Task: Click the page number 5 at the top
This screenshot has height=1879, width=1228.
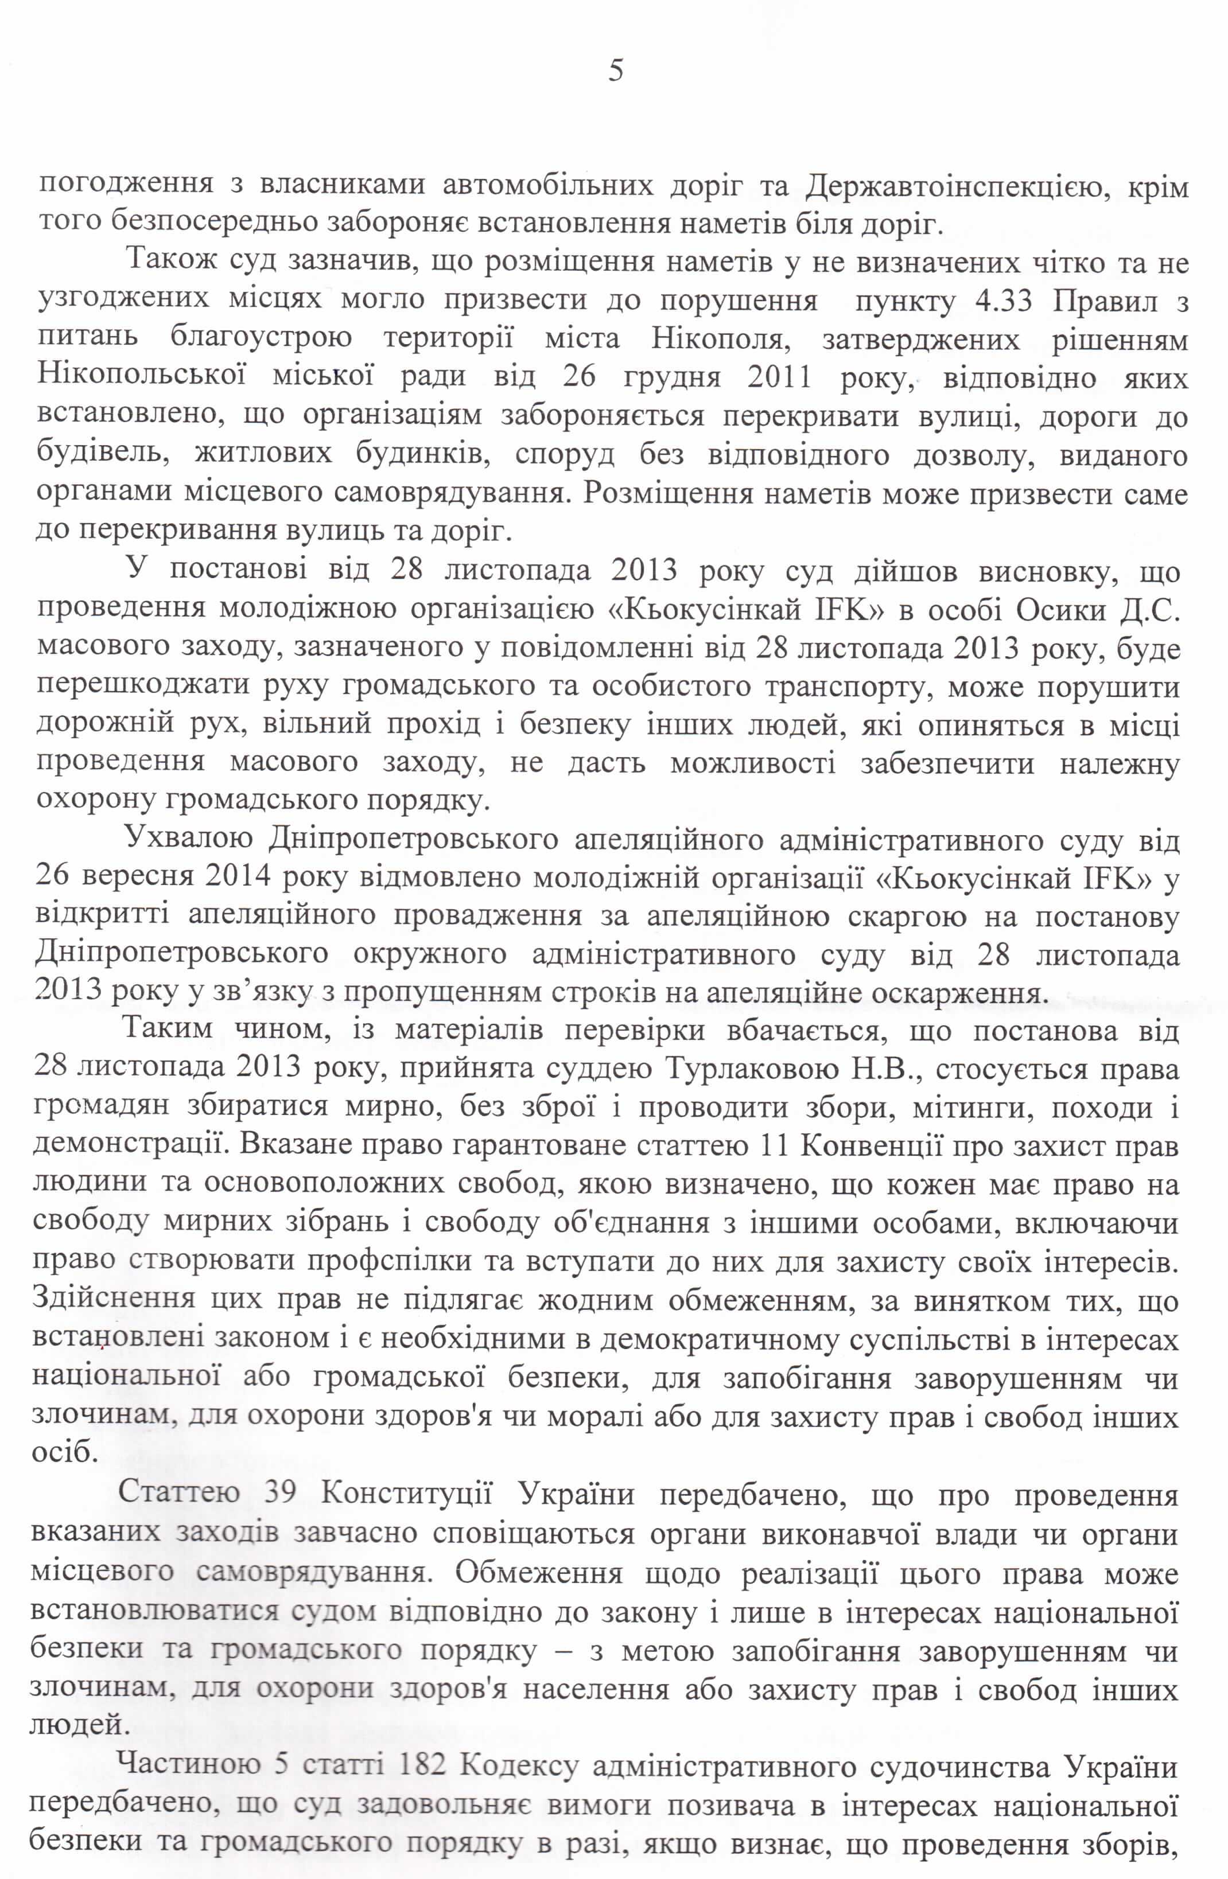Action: click(616, 71)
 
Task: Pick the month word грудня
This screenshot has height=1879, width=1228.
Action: click(670, 379)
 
